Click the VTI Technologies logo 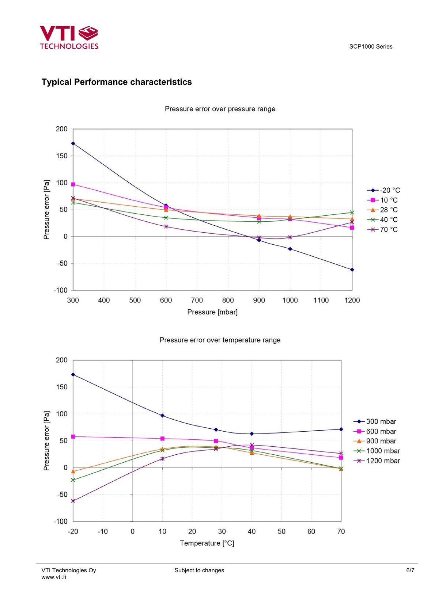69,37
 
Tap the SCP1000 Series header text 371,47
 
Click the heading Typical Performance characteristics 117,82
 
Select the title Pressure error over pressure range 220,109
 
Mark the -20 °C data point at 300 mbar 73,144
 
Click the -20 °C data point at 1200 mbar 352,270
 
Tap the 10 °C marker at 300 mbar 73,184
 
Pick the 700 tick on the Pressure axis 197,301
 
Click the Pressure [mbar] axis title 212,312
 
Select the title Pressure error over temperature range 220,340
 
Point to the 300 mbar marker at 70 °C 341,429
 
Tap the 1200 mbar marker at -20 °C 73,501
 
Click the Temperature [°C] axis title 207,543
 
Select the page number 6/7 410,570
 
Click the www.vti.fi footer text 54,577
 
